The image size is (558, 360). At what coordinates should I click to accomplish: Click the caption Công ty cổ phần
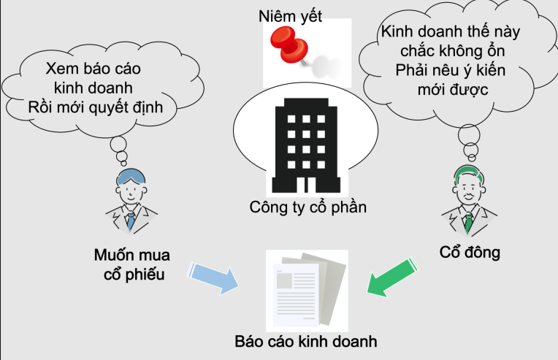coord(305,207)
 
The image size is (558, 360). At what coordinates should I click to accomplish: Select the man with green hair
coord(467,198)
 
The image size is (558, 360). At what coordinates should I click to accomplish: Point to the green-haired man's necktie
coord(468,218)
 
